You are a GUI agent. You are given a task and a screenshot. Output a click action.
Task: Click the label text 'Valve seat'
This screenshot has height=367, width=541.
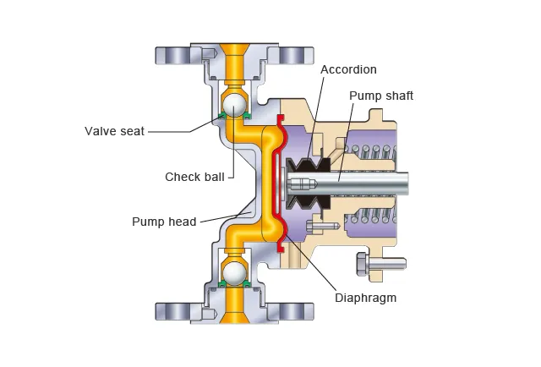115,131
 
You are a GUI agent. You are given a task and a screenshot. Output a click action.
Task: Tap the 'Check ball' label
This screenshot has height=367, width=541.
194,177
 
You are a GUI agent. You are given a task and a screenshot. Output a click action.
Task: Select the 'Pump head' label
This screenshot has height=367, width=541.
164,222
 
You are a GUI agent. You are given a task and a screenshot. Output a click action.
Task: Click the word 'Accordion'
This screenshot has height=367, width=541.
348,69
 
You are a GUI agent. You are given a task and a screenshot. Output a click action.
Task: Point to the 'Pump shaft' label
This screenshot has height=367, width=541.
381,96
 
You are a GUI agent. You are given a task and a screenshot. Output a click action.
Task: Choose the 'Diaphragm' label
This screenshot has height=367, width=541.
365,298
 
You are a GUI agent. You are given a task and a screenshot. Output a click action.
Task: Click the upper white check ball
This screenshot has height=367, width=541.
233,104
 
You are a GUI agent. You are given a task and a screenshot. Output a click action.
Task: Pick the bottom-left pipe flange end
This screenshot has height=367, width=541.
173,311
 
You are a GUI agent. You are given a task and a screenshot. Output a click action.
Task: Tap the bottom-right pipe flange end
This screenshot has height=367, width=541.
292,311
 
